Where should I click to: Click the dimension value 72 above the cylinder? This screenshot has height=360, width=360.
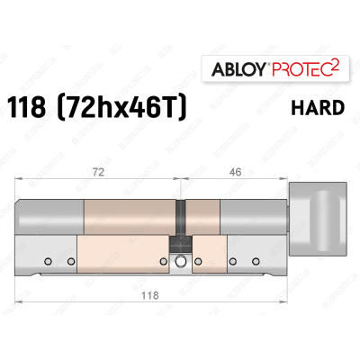click(x=99, y=168)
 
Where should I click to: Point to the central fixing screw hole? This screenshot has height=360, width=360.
click(x=182, y=262)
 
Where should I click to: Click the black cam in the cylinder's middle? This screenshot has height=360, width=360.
click(x=182, y=217)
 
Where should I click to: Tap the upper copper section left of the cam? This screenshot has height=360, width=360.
click(x=130, y=216)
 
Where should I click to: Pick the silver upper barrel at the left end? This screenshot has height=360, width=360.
click(x=49, y=216)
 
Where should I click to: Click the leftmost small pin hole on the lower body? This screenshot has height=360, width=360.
click(x=44, y=261)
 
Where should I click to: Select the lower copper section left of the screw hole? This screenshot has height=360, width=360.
click(x=121, y=256)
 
